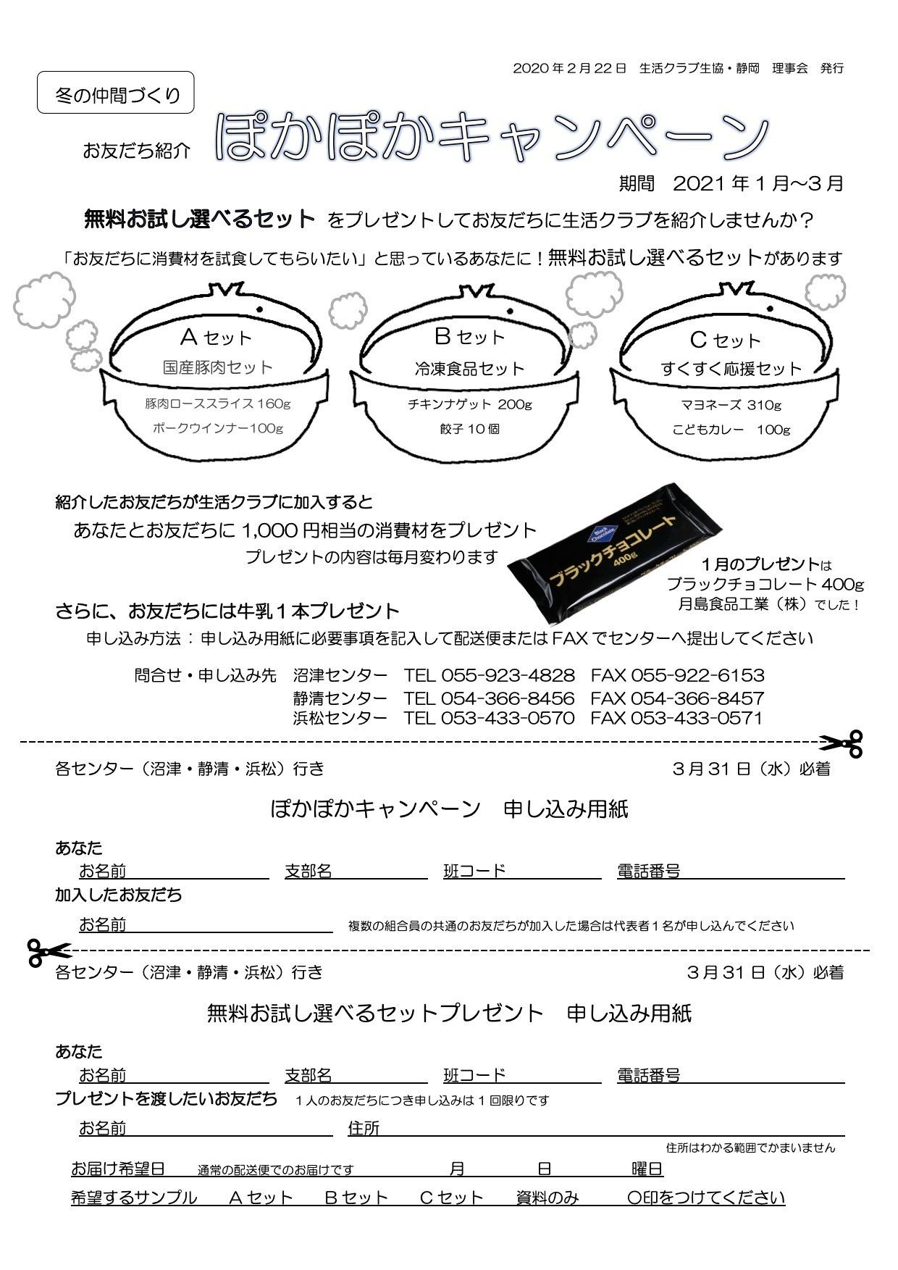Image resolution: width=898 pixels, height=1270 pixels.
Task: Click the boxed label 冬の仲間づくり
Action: pos(116,93)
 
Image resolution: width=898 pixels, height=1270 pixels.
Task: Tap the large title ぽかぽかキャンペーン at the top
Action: pos(492,137)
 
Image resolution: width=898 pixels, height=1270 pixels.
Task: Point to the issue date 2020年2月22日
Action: pos(569,68)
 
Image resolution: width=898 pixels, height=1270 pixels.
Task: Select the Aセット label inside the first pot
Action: pos(216,337)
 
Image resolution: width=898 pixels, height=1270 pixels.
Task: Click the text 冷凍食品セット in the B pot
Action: pos(469,369)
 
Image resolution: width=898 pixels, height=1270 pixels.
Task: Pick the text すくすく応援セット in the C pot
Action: pos(731,369)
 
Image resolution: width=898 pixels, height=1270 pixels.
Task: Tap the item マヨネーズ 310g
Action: pos(731,405)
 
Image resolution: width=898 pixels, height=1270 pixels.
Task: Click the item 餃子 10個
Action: pos(469,429)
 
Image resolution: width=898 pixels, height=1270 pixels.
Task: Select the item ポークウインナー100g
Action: pos(217,428)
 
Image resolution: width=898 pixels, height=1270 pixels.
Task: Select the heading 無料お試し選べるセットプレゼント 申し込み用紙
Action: pos(449,1012)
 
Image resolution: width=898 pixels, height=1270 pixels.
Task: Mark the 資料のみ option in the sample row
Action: pos(547,1198)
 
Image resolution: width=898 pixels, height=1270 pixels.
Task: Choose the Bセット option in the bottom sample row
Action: pos(356,1198)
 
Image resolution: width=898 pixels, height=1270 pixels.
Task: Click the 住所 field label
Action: pos(364,1128)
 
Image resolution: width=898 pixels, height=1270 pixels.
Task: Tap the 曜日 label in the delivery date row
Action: pos(647,1169)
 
